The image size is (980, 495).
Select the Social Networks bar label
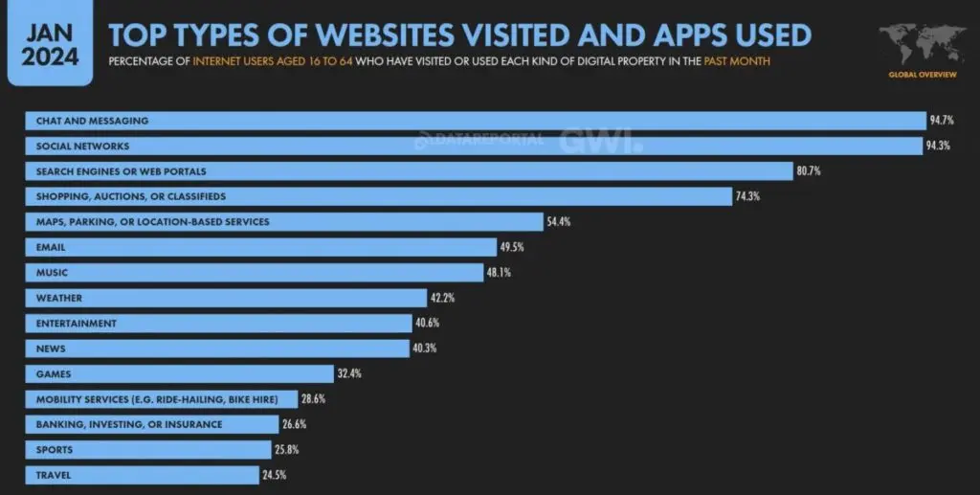[x=82, y=146]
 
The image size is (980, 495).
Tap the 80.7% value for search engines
[x=808, y=171]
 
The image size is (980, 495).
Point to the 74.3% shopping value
[x=746, y=196]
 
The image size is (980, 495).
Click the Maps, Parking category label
[x=152, y=222]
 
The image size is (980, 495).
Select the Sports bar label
[x=54, y=449]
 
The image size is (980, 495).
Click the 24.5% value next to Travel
[x=274, y=475]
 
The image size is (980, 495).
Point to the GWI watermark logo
[x=601, y=140]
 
